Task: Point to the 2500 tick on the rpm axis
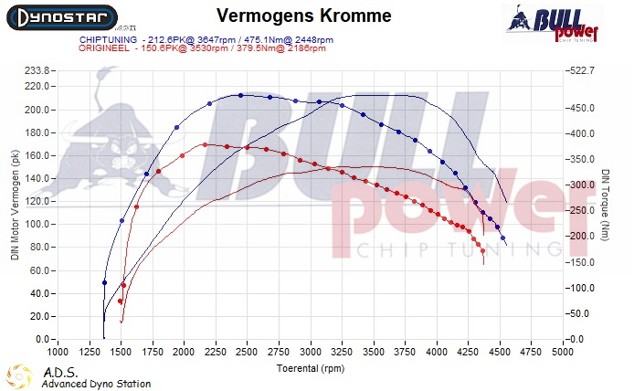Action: pos(247,351)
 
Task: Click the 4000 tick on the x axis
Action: pos(437,351)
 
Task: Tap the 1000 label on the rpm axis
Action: pos(58,351)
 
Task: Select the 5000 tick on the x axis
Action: pos(563,351)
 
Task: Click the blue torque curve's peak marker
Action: pos(240,95)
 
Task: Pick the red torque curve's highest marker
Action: pos(205,144)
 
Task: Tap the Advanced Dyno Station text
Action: pos(96,384)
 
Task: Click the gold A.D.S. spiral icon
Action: pos(20,375)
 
